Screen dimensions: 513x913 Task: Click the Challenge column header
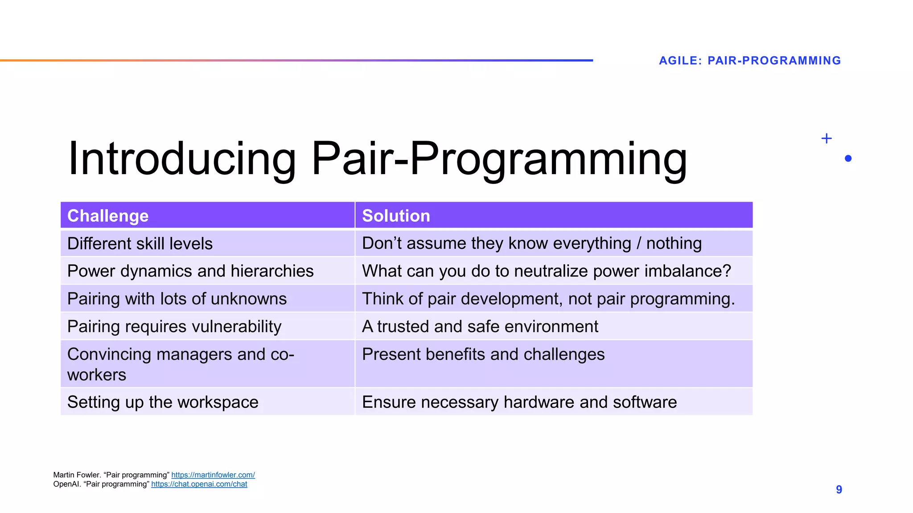pos(108,216)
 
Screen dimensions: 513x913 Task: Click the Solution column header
pos(396,216)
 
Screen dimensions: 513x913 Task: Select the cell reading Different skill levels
pos(140,244)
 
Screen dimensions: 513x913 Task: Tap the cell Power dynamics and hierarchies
pos(190,271)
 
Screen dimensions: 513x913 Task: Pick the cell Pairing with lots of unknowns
pos(177,299)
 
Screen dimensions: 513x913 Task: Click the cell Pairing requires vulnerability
pos(174,326)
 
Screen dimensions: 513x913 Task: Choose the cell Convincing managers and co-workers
pos(181,364)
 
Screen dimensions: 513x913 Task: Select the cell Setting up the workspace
pos(163,402)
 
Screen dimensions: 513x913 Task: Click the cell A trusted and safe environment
pos(480,326)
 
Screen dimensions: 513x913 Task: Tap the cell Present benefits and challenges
pos(483,354)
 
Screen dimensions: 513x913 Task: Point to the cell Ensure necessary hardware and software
pos(519,402)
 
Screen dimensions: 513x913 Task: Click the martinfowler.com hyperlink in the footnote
pos(213,475)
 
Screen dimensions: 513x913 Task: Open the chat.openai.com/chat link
pos(199,484)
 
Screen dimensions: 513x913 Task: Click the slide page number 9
pos(839,490)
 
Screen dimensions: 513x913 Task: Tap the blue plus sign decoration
pos(826,138)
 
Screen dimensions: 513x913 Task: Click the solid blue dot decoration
pos(848,159)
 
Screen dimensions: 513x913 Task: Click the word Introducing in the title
pos(182,159)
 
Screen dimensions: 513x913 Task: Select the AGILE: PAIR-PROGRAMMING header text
pos(750,61)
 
